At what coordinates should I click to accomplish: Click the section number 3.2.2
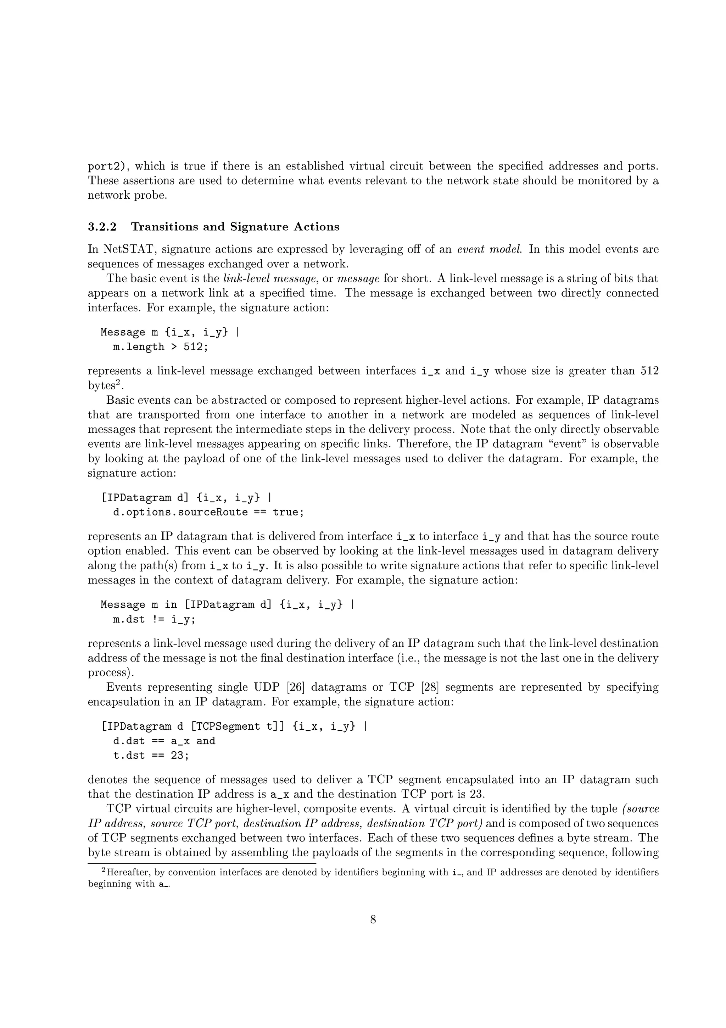pos(102,227)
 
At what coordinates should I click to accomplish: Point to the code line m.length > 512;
pos(161,347)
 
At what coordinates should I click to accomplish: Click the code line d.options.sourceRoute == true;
pos(208,512)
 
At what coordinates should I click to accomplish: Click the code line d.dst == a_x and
pos(164,741)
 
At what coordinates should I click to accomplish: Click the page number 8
pos(373,920)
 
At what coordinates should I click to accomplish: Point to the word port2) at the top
pos(109,167)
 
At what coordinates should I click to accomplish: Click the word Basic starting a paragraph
pos(119,400)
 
